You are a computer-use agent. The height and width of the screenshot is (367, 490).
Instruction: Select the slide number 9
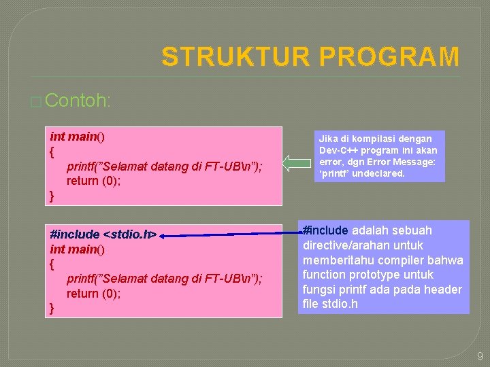pyautogui.click(x=479, y=355)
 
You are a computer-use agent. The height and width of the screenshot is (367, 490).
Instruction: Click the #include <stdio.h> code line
pyautogui.click(x=103, y=234)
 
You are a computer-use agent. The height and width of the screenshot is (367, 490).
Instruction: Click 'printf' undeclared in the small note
pyautogui.click(x=361, y=173)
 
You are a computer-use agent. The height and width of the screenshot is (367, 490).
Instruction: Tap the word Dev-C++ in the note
pyautogui.click(x=336, y=150)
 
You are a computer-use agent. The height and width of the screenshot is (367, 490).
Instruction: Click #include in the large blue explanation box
pyautogui.click(x=325, y=230)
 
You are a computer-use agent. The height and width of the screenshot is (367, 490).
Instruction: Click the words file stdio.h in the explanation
pyautogui.click(x=330, y=304)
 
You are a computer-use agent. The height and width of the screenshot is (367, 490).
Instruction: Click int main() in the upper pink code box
pyautogui.click(x=77, y=137)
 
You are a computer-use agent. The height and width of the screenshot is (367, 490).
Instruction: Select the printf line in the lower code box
pyautogui.click(x=164, y=279)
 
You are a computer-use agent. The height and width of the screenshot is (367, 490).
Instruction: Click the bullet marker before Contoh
pyautogui.click(x=36, y=102)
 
